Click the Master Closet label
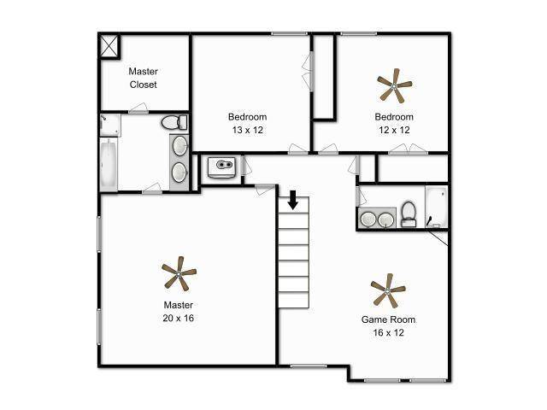[143, 78]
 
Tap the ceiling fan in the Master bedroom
[179, 274]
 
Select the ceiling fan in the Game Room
[388, 292]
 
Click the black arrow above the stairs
[292, 200]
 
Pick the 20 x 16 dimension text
[178, 318]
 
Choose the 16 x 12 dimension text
[388, 332]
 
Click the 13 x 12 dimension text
[247, 130]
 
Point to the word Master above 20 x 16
[178, 305]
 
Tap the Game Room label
[388, 319]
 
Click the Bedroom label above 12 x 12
[394, 117]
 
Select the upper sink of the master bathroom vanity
[179, 146]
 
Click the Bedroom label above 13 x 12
[247, 117]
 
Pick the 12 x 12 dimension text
[394, 130]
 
